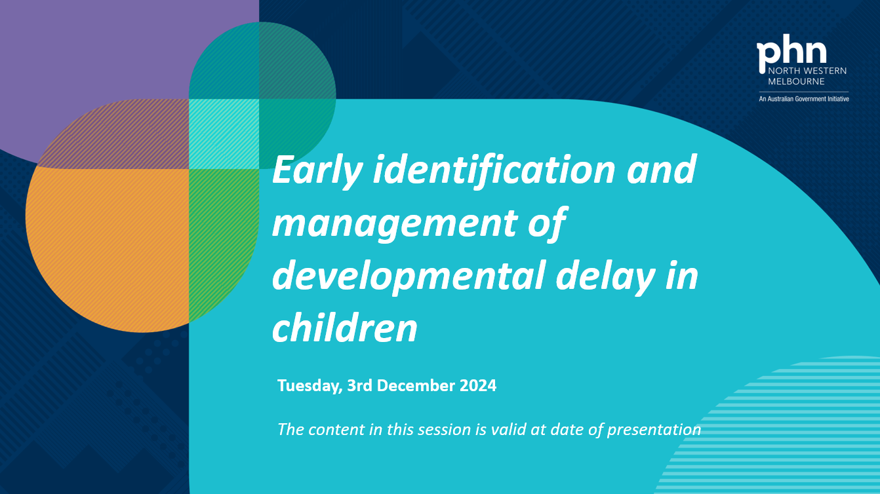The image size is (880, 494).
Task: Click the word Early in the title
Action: tap(317, 170)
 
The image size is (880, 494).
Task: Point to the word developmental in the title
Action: tap(407, 276)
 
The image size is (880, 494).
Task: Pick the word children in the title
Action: tap(345, 328)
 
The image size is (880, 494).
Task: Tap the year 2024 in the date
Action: tap(477, 385)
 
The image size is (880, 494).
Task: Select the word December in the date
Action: tap(415, 385)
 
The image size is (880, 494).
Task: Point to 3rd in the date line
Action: tap(360, 385)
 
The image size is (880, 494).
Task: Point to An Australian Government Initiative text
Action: tap(803, 99)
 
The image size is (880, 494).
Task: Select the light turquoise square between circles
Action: tap(224, 134)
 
